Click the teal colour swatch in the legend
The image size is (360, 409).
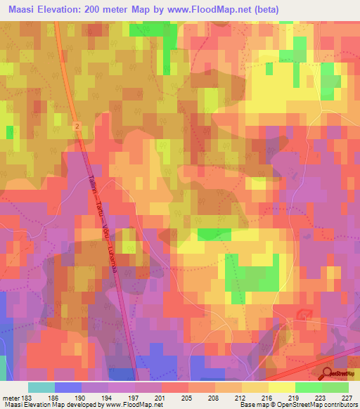point(41,387)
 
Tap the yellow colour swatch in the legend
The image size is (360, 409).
point(281,387)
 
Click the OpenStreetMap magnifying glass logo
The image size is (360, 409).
point(328,373)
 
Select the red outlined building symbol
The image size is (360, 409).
point(304,314)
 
